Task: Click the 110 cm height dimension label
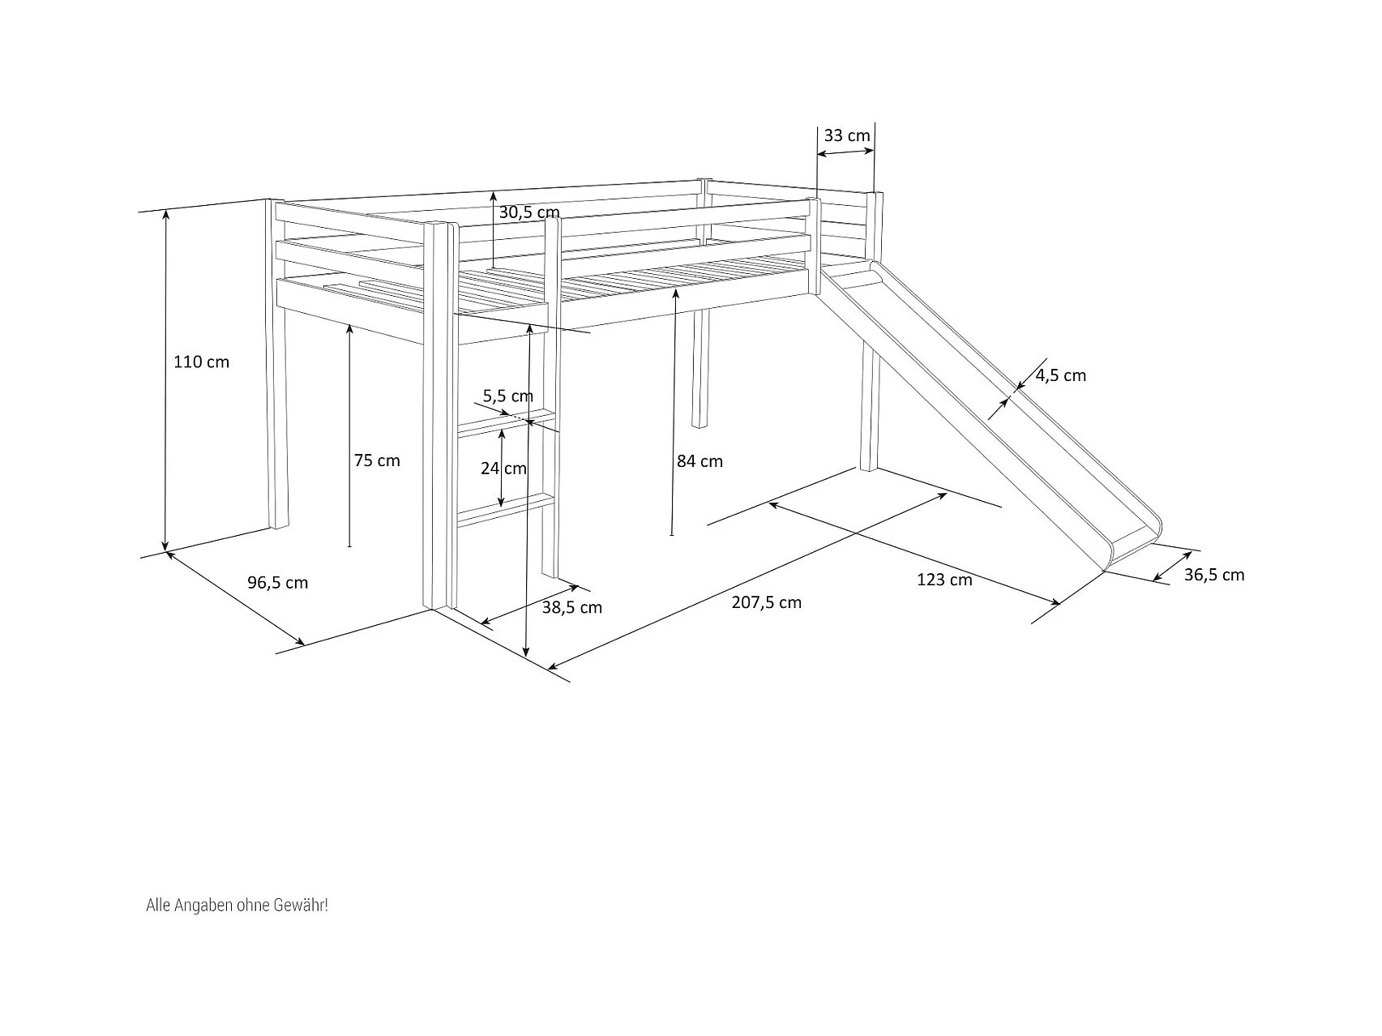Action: coord(201,362)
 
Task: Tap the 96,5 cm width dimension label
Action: coord(277,583)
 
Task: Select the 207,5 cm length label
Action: coord(766,602)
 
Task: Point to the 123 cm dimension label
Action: coord(944,580)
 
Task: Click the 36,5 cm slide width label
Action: coord(1213,575)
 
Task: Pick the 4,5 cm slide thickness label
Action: coord(1060,375)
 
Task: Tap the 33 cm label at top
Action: coord(847,135)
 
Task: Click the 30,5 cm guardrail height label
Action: coord(528,212)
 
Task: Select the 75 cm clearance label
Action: coord(377,460)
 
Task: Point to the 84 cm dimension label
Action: coord(700,461)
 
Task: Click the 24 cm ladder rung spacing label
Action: coord(503,469)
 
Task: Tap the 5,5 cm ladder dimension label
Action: coord(507,396)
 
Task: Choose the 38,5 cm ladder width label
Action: coord(571,607)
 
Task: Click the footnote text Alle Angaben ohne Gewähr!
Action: coord(237,905)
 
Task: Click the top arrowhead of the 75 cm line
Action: coord(349,327)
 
